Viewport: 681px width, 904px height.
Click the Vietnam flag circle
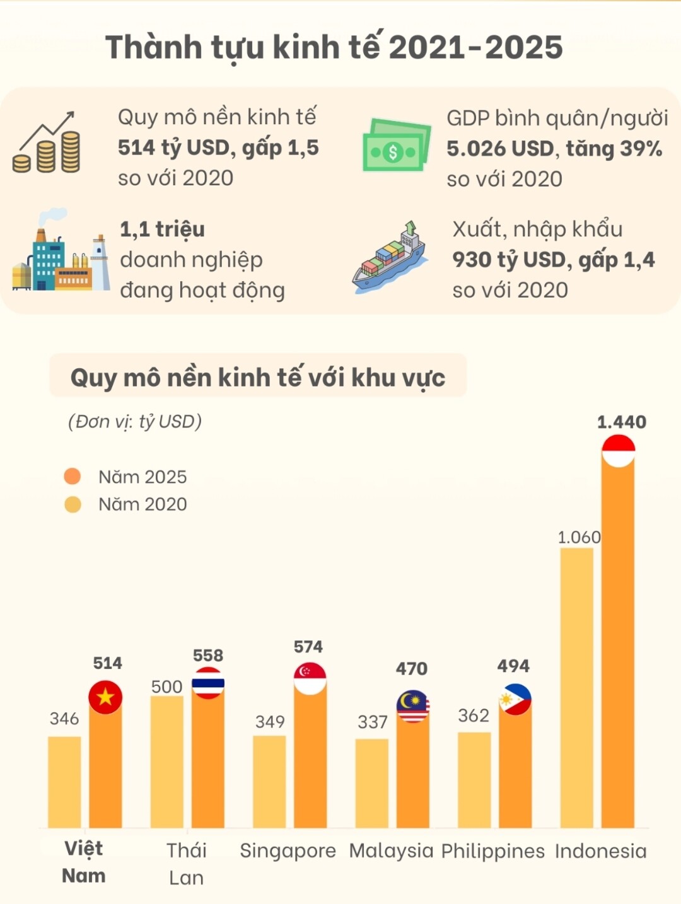(x=105, y=697)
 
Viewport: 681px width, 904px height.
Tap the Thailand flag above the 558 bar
(x=208, y=683)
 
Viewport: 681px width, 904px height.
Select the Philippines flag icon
(x=515, y=699)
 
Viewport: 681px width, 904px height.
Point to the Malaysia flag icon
(x=413, y=706)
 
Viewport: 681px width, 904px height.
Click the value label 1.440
(x=621, y=422)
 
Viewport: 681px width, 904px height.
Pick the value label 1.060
(x=579, y=537)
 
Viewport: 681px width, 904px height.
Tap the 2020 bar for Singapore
(x=269, y=782)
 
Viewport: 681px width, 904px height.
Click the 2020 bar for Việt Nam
(x=64, y=782)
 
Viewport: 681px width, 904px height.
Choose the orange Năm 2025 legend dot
(x=73, y=477)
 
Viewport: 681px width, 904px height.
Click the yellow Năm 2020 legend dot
(x=73, y=504)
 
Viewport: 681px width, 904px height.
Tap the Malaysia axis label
(x=391, y=851)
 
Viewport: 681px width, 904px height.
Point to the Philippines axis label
(x=492, y=851)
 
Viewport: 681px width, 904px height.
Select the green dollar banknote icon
(x=396, y=146)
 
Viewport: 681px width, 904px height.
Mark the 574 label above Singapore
(x=308, y=647)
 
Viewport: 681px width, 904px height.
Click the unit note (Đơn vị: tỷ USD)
(x=135, y=421)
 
